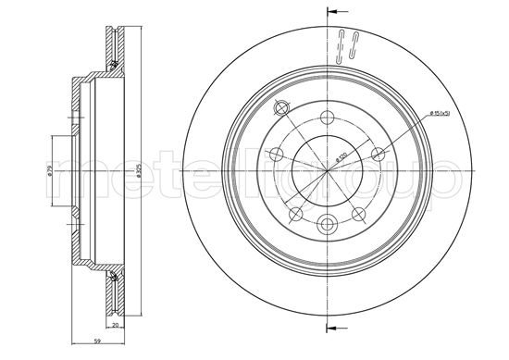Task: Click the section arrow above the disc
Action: [336, 12]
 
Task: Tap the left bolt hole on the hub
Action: [276, 155]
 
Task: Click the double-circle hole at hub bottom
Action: [329, 223]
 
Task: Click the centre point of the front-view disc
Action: [329, 172]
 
